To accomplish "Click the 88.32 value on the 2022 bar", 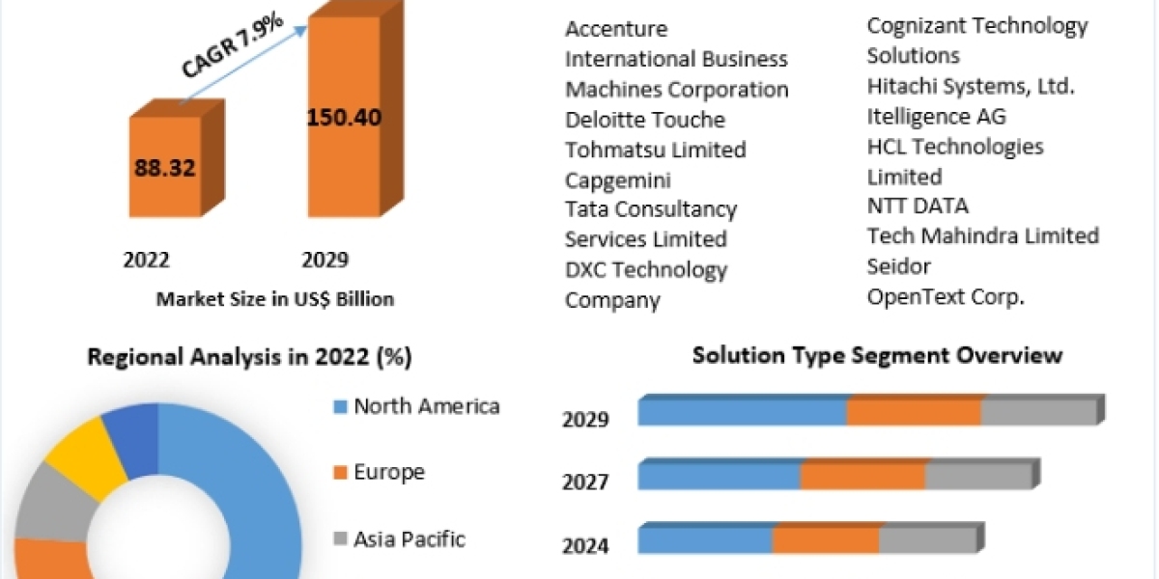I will (x=165, y=168).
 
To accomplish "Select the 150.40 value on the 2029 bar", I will (x=344, y=118).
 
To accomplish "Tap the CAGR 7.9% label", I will (x=231, y=47).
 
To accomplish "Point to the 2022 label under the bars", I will (x=147, y=260).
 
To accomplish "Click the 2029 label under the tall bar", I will (x=325, y=260).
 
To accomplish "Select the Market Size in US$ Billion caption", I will (x=274, y=299).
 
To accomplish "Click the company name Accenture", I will (x=616, y=29).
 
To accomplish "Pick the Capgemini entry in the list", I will (x=618, y=179).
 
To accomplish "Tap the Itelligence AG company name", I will (x=936, y=117).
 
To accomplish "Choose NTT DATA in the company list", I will (x=918, y=206).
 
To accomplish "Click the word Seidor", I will (x=899, y=265).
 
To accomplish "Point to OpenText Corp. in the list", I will (x=946, y=296).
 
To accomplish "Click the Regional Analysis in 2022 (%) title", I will (x=249, y=357).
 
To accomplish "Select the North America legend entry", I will (x=426, y=406).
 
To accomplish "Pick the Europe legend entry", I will (x=388, y=473).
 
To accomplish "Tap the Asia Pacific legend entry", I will (x=409, y=538).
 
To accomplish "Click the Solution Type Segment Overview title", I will (x=877, y=355).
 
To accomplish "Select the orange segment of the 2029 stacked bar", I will (x=914, y=411).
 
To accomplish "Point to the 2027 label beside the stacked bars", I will (x=585, y=481).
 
